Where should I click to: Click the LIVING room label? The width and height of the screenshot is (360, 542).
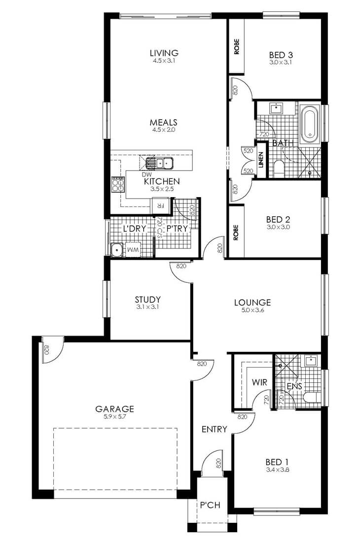[164, 53]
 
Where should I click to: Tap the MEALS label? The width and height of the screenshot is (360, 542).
[164, 122]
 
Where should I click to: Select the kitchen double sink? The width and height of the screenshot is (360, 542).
[159, 163]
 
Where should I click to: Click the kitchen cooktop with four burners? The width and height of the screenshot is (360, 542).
[118, 184]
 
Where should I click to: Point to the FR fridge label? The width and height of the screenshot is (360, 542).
[160, 205]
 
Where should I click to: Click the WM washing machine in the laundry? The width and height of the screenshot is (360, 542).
[133, 250]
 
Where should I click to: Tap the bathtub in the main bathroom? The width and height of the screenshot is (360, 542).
[309, 124]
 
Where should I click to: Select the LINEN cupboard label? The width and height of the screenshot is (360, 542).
[261, 160]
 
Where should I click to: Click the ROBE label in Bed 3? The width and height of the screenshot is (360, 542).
[237, 46]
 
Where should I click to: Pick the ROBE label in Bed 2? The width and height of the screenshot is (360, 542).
[236, 232]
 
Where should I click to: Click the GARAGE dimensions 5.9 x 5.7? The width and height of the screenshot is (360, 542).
[114, 416]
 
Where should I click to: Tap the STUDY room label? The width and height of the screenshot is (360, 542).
[147, 300]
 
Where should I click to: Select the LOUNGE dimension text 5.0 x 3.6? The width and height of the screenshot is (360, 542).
[252, 310]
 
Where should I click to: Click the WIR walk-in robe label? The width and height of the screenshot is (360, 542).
[259, 382]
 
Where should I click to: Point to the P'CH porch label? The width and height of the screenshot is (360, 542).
[210, 505]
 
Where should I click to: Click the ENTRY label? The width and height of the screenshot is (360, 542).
[215, 429]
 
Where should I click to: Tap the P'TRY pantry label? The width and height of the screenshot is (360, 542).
[177, 229]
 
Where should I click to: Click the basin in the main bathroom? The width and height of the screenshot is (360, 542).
[277, 108]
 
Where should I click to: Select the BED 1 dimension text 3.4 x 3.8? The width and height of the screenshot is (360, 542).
[277, 470]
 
